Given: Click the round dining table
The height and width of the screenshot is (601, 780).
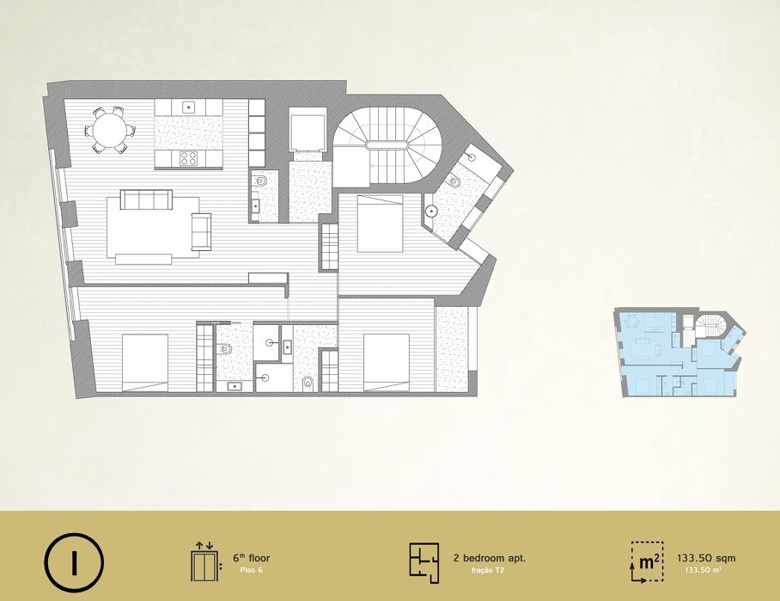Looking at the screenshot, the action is tap(110, 131).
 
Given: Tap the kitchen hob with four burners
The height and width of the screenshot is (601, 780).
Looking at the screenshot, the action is tap(188, 158).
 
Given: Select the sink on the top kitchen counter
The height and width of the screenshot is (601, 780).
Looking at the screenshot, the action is tap(188, 106).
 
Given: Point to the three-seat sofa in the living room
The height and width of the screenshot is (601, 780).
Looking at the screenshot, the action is tap(146, 199).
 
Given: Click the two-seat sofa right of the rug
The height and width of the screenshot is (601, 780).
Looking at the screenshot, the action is tap(202, 231).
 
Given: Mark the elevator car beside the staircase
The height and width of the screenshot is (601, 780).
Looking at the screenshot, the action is tap(308, 131).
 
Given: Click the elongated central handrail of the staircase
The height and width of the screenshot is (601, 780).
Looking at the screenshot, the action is tap(387, 145).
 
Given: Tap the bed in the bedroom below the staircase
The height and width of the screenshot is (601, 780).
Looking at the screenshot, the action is tap(380, 224).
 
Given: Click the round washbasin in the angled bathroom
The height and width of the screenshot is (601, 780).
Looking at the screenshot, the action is tap(430, 212).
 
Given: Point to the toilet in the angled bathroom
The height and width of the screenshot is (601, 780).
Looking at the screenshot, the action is tap(454, 181).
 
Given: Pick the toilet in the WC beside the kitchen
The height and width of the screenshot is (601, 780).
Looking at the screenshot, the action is tap(260, 181).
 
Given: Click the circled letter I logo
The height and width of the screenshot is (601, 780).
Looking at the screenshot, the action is tap(74, 562).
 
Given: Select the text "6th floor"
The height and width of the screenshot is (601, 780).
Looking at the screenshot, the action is tap(252, 558).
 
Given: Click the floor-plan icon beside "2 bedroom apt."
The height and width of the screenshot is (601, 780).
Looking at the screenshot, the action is tap(424, 562).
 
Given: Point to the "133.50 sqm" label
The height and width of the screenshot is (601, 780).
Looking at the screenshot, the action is tap(706, 558).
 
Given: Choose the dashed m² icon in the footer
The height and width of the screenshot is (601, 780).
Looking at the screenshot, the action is tap(648, 561).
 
